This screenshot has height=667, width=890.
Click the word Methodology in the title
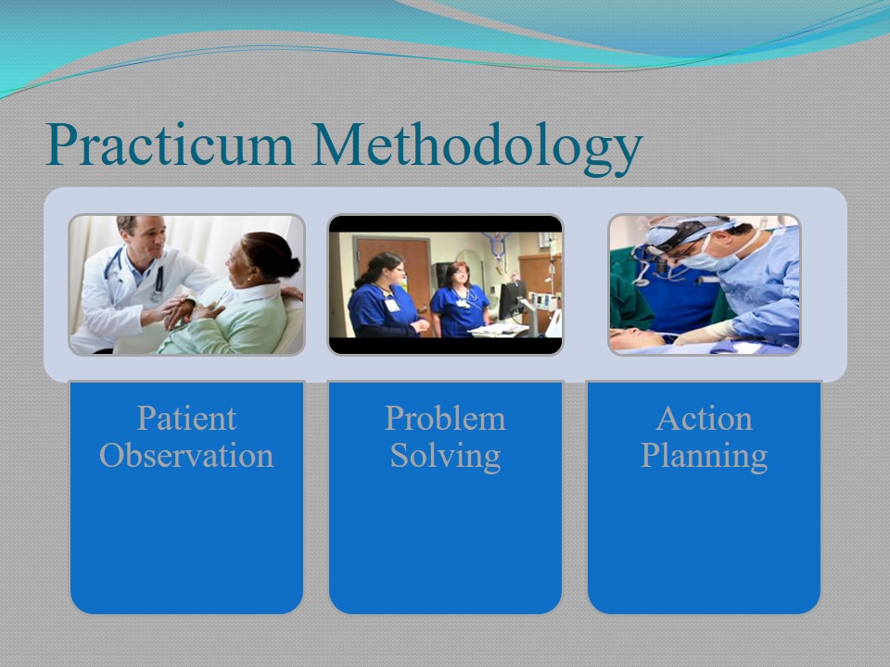477,147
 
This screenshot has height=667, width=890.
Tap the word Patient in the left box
186,419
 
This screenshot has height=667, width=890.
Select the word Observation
186,456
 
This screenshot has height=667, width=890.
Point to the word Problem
445,419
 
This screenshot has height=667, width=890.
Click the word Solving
445,457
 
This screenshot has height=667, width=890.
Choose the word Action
704,419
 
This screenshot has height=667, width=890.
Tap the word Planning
704,457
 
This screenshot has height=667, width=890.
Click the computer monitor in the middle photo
512,300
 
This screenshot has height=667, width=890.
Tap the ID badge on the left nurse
391,305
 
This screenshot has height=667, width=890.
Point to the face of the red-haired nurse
459,278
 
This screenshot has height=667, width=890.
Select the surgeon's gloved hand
705,333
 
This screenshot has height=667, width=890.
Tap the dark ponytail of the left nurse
368,273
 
